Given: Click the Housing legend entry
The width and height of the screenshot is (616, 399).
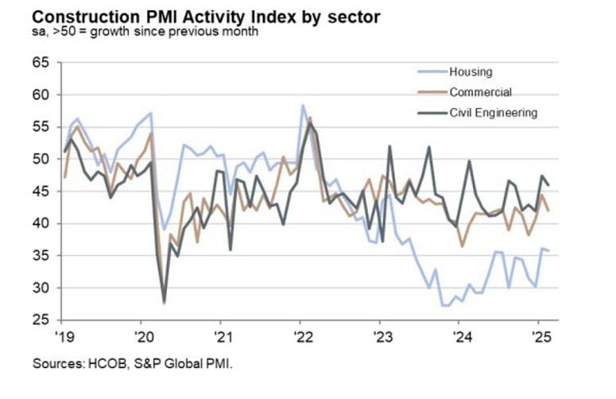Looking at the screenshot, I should (x=471, y=72).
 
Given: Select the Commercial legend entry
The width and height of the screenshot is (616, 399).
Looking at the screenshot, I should (x=480, y=92).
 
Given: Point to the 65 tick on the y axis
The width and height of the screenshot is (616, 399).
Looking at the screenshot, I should (x=41, y=62).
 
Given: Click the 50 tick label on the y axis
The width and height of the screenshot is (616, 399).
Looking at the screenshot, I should (x=41, y=159).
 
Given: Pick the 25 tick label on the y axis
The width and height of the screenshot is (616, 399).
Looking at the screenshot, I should (x=41, y=320).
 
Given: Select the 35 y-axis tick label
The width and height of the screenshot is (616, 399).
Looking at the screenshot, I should (x=41, y=256).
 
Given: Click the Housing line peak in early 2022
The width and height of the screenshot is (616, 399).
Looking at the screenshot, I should (x=303, y=105).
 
